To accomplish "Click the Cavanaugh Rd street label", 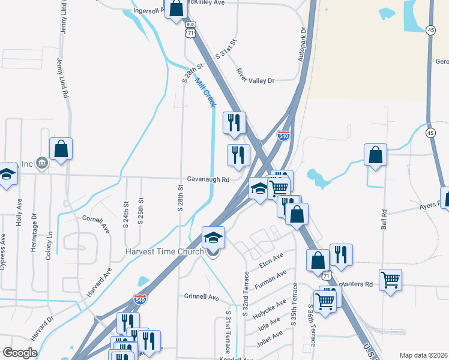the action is pyautogui.click(x=208, y=179).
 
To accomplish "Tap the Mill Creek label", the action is pyautogui.click(x=205, y=94).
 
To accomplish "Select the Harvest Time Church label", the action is pyautogui.click(x=165, y=251).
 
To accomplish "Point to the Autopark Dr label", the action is pyautogui.click(x=302, y=45).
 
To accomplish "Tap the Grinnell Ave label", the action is pyautogui.click(x=201, y=296).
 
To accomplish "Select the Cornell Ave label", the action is pyautogui.click(x=96, y=224).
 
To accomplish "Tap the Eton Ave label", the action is pyautogui.click(x=271, y=260).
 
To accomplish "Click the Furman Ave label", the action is pyautogui.click(x=270, y=278).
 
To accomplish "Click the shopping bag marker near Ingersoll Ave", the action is pyautogui.click(x=176, y=9).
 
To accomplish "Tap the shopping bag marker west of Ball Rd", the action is pyautogui.click(x=375, y=155).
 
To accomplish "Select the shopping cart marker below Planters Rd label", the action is pyautogui.click(x=390, y=279).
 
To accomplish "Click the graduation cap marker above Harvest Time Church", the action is pyautogui.click(x=213, y=238).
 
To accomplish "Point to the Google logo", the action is pyautogui.click(x=20, y=353).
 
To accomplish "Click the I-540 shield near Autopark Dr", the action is pyautogui.click(x=284, y=136).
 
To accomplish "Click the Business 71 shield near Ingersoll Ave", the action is pyautogui.click(x=190, y=31).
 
